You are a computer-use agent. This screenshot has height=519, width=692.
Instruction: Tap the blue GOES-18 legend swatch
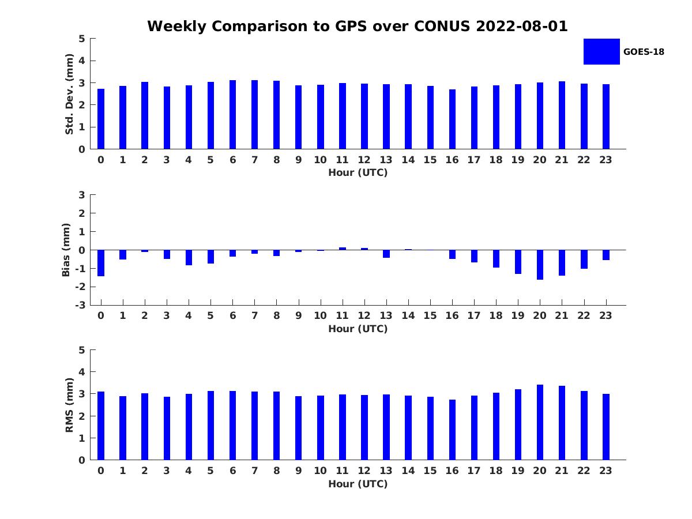tap(601, 51)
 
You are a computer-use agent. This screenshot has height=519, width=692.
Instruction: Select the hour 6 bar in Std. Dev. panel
tap(232, 115)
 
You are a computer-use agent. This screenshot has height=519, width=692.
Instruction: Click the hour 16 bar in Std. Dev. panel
tap(452, 119)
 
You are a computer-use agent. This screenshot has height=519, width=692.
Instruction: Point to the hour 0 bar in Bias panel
tap(101, 263)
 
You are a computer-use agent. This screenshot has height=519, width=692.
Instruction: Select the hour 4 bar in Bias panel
tap(189, 257)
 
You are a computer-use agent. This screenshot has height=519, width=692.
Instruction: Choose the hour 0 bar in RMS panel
tap(101, 426)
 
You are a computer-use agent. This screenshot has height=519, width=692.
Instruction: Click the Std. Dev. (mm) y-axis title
tap(69, 94)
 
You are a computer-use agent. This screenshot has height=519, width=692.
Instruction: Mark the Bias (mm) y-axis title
tap(66, 250)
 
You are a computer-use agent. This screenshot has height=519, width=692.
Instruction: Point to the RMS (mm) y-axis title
tap(69, 405)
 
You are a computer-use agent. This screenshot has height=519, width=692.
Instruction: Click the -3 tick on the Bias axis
tap(81, 305)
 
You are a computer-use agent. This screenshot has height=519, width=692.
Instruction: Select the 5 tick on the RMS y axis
tap(82, 350)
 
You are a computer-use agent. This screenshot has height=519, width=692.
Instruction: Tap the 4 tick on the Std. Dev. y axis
tap(82, 61)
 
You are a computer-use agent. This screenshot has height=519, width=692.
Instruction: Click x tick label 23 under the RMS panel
tap(605, 471)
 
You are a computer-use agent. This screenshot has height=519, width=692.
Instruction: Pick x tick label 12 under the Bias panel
tap(364, 315)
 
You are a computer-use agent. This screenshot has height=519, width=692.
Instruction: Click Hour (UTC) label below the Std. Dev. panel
tap(358, 172)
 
